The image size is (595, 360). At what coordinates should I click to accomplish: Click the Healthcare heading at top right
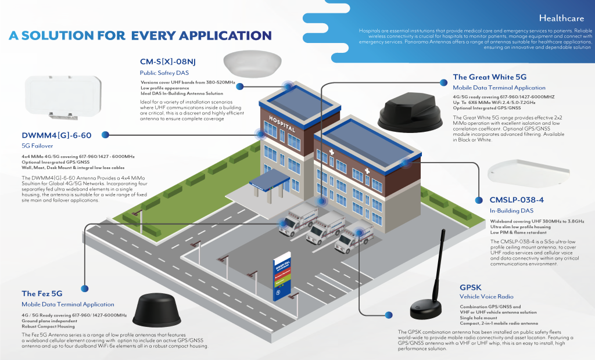pos(561,18)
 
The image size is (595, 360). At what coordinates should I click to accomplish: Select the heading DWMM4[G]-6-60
pos(56,136)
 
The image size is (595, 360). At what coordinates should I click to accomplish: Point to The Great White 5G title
pos(489,77)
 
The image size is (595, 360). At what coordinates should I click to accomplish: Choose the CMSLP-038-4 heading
pos(517,200)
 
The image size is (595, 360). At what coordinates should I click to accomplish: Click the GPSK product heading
pos(470,287)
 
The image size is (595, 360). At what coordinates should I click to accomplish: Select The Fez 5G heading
pos(42,293)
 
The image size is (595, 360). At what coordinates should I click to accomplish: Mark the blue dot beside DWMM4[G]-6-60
pos(105,135)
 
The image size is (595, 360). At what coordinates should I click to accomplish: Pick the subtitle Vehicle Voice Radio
pos(479,297)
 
